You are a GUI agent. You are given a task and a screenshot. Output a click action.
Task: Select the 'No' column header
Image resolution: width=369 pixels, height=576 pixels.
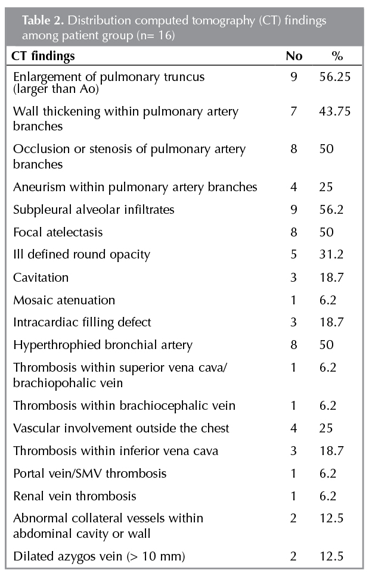coord(294,56)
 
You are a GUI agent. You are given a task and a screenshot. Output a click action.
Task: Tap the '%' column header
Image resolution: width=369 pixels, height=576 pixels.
coord(337,56)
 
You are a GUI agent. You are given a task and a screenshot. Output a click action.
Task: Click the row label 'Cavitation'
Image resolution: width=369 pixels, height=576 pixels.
coord(41,277)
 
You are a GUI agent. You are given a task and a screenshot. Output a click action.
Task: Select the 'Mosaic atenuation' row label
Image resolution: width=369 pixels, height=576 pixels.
coord(64,300)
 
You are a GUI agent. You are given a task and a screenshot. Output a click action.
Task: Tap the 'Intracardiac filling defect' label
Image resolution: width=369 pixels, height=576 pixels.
coord(82,322)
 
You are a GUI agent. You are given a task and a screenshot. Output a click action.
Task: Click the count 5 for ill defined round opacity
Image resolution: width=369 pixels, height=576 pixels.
coord(293,254)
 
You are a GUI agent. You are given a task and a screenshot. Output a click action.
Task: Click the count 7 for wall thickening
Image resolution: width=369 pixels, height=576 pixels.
coord(293,111)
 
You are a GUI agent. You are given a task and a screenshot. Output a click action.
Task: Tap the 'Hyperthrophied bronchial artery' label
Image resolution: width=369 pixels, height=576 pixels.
coord(94,345)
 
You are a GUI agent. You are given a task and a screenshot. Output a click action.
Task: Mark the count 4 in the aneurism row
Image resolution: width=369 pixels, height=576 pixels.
coord(293,186)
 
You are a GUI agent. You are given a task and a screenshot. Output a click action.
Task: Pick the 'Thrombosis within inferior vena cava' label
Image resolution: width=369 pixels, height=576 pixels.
coord(116,450)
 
